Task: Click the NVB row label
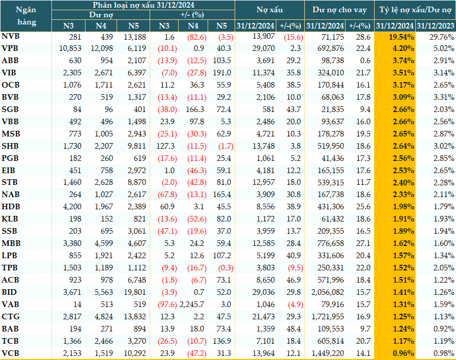pos(11,36)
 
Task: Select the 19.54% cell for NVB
pos(403,37)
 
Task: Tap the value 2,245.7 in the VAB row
pos(192,304)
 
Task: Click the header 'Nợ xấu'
pos(270,10)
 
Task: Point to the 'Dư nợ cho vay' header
pos(339,10)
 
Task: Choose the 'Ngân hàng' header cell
pos(26,16)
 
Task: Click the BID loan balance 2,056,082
pos(327,292)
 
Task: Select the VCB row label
pos(11,353)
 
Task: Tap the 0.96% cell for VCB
pos(404,353)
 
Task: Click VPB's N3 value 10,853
pos(70,48)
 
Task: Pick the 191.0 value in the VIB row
pos(222,73)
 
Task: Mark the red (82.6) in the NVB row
pos(196,37)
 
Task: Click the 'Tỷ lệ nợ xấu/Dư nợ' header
pos(415,10)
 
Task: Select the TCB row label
pos(10,341)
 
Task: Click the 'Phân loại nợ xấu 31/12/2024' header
pos(144,5)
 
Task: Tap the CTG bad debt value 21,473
pos(264,317)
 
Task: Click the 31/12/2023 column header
pos(435,26)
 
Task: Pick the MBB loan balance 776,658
pos(331,243)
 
